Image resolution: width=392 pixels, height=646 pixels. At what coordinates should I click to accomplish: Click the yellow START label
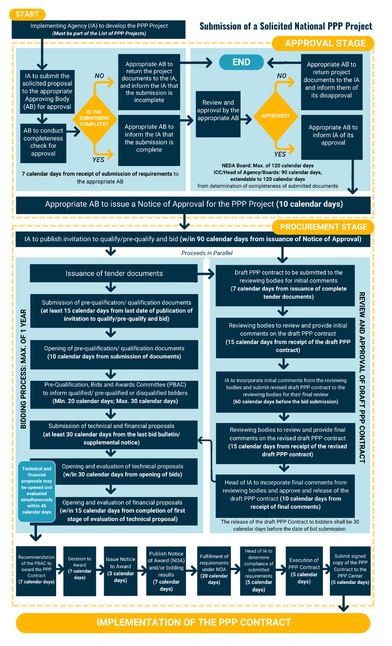[x=27, y=14]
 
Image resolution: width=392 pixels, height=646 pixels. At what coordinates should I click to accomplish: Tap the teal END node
[x=241, y=62]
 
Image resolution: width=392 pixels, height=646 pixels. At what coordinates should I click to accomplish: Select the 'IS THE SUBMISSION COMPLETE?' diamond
[x=94, y=118]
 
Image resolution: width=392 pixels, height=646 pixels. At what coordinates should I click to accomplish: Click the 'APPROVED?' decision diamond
[x=276, y=116]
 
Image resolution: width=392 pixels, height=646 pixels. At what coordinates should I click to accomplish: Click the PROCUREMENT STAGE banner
[x=323, y=227]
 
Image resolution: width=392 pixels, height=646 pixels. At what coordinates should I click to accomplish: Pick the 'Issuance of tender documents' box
[x=114, y=273]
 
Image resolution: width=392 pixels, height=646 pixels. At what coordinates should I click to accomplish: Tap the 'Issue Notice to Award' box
[x=121, y=571]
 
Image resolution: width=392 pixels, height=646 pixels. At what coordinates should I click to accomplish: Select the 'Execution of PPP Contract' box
[x=304, y=571]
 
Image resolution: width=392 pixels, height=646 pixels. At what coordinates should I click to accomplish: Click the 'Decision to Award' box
[x=80, y=571]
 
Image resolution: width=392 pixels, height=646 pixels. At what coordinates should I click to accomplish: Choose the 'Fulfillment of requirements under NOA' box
[x=214, y=571]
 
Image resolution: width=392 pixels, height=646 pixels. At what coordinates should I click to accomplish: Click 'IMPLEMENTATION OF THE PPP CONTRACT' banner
[x=193, y=622]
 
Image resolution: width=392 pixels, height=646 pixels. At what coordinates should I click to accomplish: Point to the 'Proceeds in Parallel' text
[x=207, y=253]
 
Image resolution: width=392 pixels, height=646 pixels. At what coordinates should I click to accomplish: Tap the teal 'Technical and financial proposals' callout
[x=37, y=490]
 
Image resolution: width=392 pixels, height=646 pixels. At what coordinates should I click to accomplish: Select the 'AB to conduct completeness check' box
[x=43, y=143]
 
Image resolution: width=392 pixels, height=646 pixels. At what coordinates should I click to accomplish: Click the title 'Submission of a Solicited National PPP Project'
[x=286, y=26]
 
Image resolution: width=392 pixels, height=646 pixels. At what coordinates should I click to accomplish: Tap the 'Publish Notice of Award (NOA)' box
[x=166, y=571]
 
